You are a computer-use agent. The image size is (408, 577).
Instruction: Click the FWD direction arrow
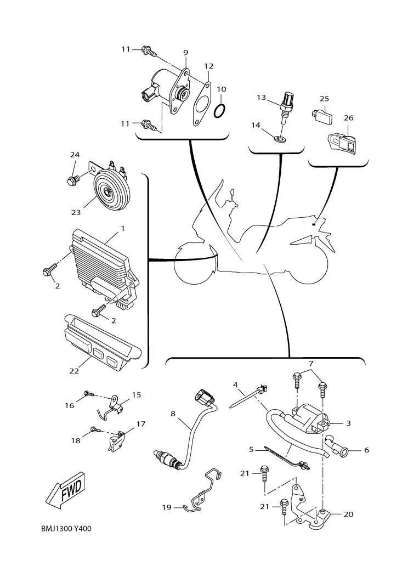pyautogui.click(x=64, y=488)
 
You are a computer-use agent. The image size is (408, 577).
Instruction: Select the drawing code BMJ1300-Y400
pyautogui.click(x=66, y=529)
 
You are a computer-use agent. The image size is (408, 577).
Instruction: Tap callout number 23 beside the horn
pyautogui.click(x=75, y=212)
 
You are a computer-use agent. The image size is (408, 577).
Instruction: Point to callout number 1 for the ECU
pyautogui.click(x=122, y=228)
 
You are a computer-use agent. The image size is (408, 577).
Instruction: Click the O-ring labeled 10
pyautogui.click(x=219, y=111)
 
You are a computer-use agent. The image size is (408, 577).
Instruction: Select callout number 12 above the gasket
pyautogui.click(x=208, y=66)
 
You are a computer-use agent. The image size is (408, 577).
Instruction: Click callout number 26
pyautogui.click(x=349, y=118)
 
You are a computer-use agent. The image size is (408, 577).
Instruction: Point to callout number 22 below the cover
pyautogui.click(x=74, y=371)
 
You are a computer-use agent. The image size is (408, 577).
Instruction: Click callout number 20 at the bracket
pyautogui.click(x=349, y=514)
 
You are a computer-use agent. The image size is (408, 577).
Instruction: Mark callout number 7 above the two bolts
pyautogui.click(x=311, y=364)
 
